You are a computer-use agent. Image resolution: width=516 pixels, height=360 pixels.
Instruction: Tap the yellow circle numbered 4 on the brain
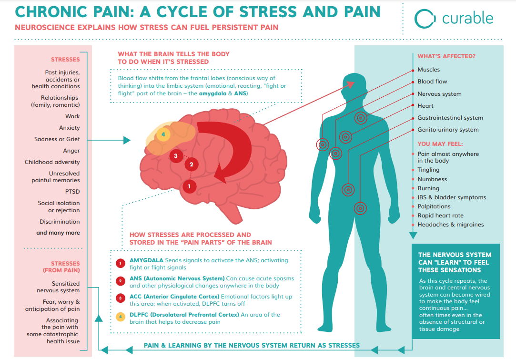tap(163, 134)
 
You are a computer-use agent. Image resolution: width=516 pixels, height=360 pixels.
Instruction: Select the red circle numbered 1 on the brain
tap(189, 186)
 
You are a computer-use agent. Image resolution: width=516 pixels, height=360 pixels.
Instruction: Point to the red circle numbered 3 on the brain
tap(176, 156)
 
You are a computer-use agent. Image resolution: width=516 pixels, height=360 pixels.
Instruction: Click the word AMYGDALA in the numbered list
tap(146, 260)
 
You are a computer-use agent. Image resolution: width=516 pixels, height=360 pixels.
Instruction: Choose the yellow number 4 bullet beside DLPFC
tap(121, 317)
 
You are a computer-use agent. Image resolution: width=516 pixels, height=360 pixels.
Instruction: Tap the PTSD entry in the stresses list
tap(72, 192)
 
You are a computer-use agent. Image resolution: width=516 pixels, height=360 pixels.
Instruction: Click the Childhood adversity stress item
tap(52, 162)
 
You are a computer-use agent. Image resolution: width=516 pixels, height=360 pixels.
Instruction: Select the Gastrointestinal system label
tap(450, 118)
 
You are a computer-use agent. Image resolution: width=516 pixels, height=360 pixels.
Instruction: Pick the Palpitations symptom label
tap(434, 206)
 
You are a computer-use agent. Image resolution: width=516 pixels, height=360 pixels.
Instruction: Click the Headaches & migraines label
tap(451, 225)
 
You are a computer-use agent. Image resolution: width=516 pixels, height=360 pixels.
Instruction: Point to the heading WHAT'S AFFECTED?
tap(446, 56)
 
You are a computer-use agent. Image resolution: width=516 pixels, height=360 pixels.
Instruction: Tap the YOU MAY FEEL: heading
tap(440, 144)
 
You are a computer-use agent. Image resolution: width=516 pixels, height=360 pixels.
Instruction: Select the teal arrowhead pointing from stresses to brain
tap(127, 140)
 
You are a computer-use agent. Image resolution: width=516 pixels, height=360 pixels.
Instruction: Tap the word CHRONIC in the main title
tap(51, 12)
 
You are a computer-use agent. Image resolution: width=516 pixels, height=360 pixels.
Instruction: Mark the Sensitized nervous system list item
tap(58, 287)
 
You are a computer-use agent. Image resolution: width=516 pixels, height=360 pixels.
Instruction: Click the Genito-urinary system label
tap(448, 130)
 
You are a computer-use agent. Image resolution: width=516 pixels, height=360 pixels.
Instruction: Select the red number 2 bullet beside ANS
tap(121, 281)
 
